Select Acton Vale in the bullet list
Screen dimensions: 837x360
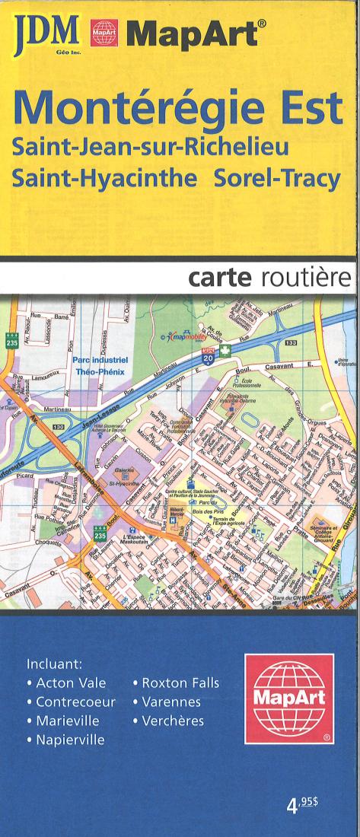(x=72, y=683)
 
